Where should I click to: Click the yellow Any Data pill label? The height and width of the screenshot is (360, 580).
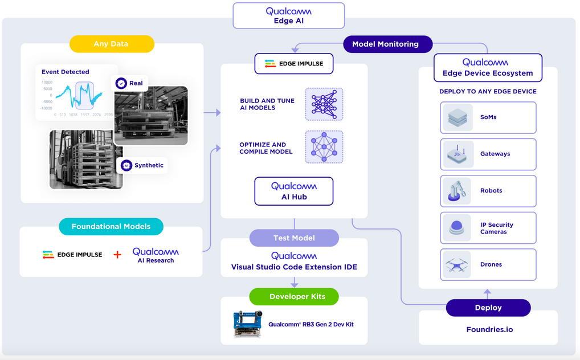pyautogui.click(x=112, y=44)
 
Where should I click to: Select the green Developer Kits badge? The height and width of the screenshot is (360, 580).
pyautogui.click(x=294, y=296)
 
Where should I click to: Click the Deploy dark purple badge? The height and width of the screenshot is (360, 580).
pyautogui.click(x=488, y=308)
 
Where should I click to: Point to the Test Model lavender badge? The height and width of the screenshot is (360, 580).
pyautogui.click(x=294, y=238)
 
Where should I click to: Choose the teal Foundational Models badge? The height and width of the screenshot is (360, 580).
pyautogui.click(x=111, y=226)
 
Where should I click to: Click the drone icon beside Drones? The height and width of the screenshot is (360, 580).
pyautogui.click(x=458, y=264)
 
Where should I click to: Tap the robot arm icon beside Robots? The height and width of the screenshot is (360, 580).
pyautogui.click(x=458, y=191)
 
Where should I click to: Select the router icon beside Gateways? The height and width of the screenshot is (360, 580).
pyautogui.click(x=458, y=154)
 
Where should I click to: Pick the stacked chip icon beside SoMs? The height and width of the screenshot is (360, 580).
pyautogui.click(x=458, y=117)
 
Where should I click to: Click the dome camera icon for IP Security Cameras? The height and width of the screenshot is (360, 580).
pyautogui.click(x=458, y=228)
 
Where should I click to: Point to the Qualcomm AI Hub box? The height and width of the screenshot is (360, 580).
pyautogui.click(x=294, y=191)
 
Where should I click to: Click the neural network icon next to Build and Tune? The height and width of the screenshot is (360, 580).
pyautogui.click(x=324, y=104)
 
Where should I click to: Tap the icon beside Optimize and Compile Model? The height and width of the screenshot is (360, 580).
pyautogui.click(x=324, y=147)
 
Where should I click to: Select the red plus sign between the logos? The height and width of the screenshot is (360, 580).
pyautogui.click(x=117, y=255)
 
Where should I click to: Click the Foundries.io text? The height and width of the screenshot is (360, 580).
pyautogui.click(x=489, y=329)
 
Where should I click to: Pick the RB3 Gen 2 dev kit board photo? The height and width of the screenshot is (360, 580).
pyautogui.click(x=248, y=324)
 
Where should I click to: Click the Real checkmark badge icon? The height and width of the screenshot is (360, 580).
pyautogui.click(x=121, y=83)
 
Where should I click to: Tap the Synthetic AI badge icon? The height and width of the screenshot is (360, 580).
pyautogui.click(x=126, y=166)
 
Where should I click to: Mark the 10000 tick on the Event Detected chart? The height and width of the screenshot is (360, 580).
pyautogui.click(x=47, y=83)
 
